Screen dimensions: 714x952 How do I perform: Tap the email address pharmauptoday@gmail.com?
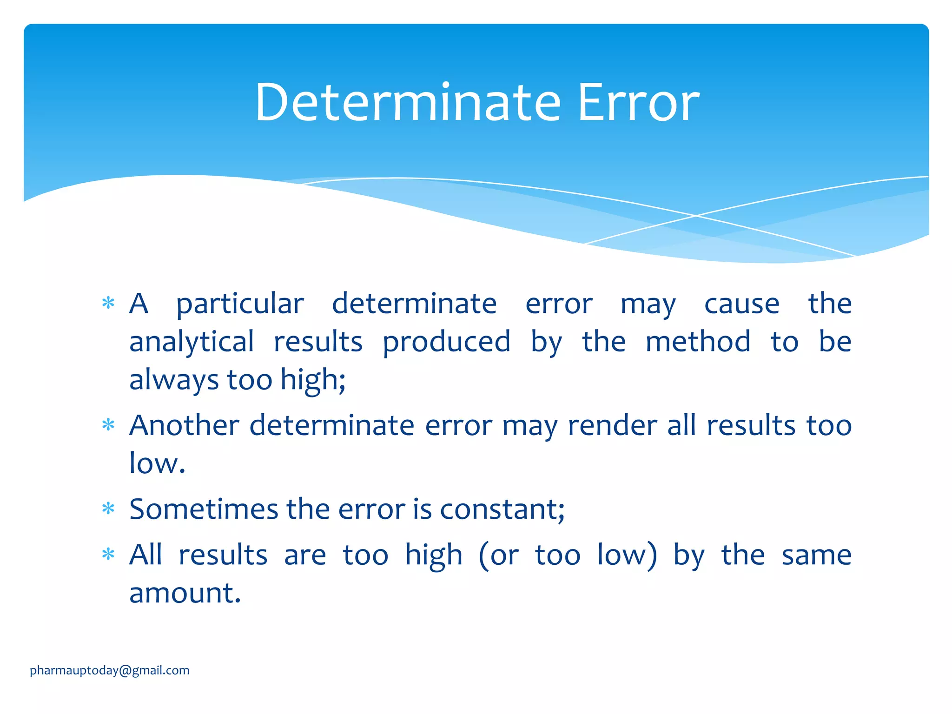point(110,670)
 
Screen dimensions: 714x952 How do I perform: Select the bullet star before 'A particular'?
point(108,304)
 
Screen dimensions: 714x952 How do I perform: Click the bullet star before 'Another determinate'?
point(108,425)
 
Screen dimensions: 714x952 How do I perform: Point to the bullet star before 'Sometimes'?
point(108,509)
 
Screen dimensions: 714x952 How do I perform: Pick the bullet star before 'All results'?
point(108,554)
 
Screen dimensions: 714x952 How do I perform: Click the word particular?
point(240,305)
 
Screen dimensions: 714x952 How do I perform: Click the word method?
point(698,342)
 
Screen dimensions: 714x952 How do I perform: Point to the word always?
point(174,381)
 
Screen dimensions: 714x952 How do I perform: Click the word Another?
point(184,425)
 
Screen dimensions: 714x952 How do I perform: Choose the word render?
point(612,425)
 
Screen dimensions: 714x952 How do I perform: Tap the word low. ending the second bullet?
point(157,463)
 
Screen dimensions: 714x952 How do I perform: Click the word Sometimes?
point(204,509)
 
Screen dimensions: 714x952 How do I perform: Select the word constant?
point(502,509)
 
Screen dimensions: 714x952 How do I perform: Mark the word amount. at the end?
point(185,594)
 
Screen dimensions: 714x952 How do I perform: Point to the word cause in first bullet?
point(741,304)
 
